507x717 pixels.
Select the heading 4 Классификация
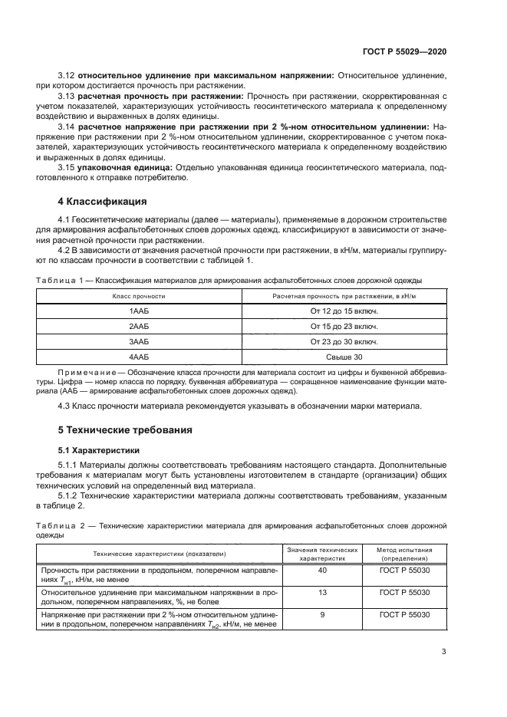(x=102, y=202)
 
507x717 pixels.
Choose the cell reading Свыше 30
(x=344, y=357)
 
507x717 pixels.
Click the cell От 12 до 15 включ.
(x=344, y=311)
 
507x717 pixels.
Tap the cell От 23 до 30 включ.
(x=344, y=342)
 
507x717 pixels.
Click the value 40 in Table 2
(x=321, y=571)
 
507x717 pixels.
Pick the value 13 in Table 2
(x=321, y=593)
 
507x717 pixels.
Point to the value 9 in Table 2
(x=321, y=615)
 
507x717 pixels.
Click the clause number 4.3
(x=65, y=406)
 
